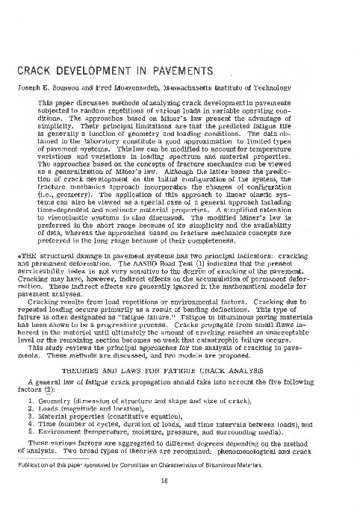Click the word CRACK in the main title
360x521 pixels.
[x=34, y=72]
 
